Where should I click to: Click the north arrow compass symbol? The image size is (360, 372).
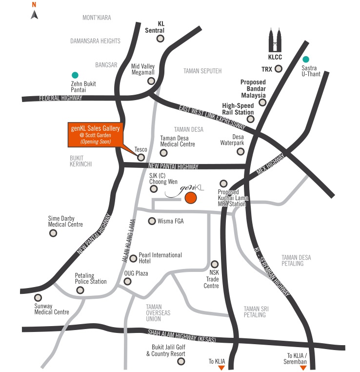34,14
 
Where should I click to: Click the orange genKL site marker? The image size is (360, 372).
190,198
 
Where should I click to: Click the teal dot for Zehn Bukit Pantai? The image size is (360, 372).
75,75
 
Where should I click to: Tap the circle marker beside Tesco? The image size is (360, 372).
141,157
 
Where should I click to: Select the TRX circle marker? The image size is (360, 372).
279,69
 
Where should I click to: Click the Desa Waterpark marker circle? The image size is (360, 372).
240,151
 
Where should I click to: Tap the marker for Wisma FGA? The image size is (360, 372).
152,221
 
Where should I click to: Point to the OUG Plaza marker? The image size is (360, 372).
128,281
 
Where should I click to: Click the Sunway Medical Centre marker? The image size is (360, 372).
38,297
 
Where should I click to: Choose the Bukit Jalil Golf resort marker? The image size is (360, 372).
181,361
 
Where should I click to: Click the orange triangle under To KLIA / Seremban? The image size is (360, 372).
302,367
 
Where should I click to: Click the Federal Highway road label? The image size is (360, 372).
61,98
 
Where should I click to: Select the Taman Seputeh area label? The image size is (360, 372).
202,71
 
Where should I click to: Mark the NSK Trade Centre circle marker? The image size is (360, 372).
215,264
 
